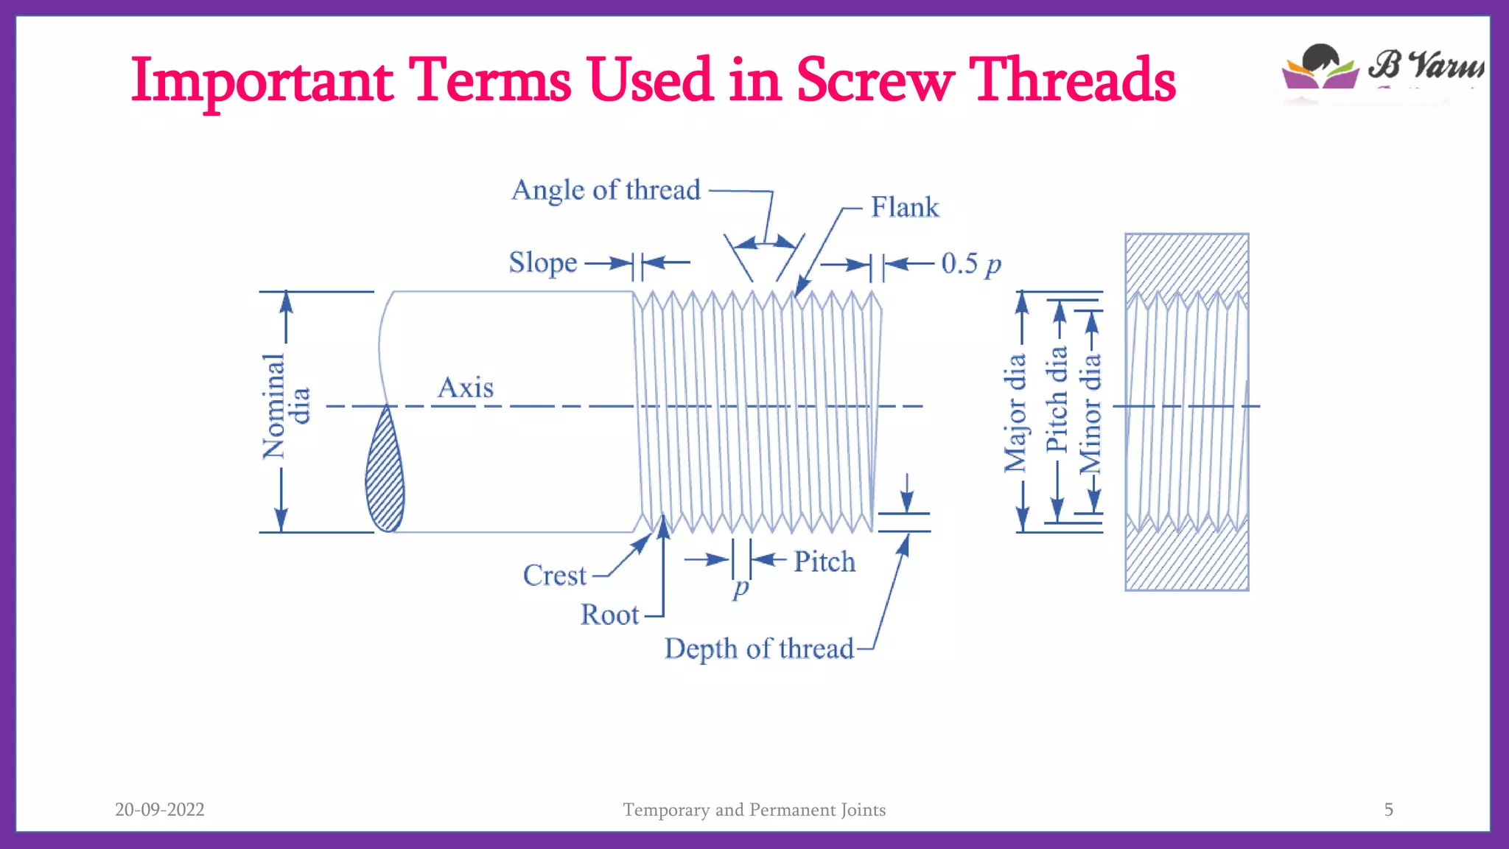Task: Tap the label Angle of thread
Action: point(606,190)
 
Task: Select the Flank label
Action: point(905,207)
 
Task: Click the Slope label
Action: point(543,263)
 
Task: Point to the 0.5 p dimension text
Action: point(971,263)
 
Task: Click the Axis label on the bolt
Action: point(466,388)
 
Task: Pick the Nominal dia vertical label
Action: point(285,406)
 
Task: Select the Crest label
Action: point(555,576)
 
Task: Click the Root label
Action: point(609,615)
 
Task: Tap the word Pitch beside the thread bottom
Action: point(824,562)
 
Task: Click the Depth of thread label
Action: point(759,649)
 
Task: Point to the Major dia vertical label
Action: point(1015,413)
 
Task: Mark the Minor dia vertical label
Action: point(1090,413)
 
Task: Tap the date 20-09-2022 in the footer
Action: point(160,809)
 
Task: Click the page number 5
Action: point(1388,809)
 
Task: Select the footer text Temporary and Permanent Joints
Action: point(754,809)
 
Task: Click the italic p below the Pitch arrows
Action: point(741,588)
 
